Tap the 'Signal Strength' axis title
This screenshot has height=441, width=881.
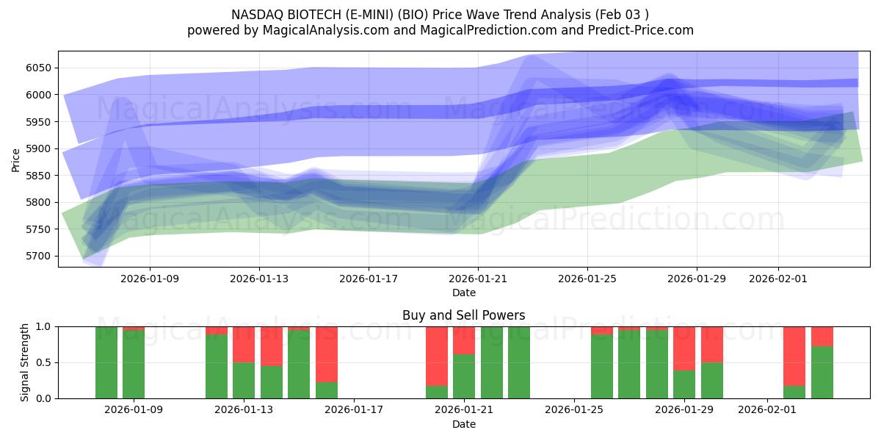(x=25, y=362)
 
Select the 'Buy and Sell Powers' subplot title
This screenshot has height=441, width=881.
(x=463, y=315)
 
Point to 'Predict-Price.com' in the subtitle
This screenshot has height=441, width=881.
(x=641, y=30)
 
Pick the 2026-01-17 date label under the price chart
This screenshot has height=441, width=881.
(x=368, y=279)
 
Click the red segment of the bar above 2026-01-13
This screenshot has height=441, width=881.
(x=244, y=344)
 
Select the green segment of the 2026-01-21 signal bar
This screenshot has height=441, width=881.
(x=464, y=376)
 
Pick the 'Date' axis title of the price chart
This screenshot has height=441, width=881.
(x=463, y=293)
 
